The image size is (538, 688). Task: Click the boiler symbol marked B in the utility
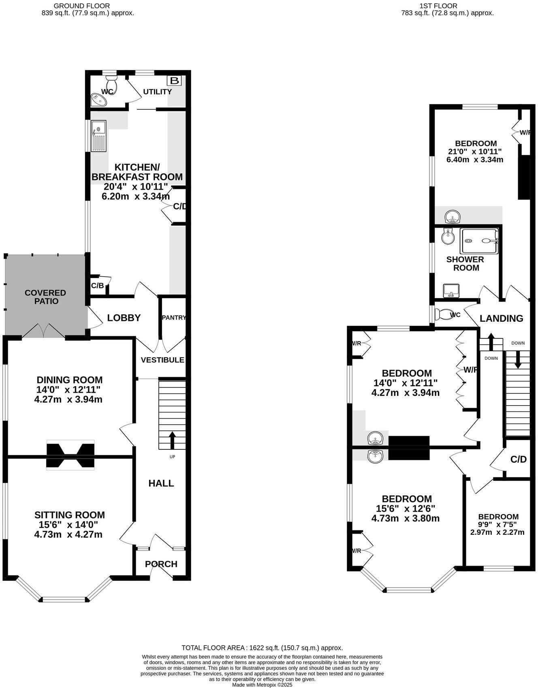pos(175,80)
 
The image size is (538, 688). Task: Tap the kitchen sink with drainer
pos(98,136)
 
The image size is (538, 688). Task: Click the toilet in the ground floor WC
pos(113,83)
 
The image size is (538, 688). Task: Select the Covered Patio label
pos(45,297)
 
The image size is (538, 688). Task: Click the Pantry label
pos(173,318)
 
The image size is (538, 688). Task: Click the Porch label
pos(161,564)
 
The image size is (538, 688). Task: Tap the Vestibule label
pos(162,360)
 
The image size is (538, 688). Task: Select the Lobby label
pos(124,318)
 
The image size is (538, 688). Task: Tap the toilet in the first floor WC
pos(443,314)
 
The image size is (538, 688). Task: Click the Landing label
pos(501,318)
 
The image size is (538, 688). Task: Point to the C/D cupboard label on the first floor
pos(518,459)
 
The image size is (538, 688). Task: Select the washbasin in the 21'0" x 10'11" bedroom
pos(452,217)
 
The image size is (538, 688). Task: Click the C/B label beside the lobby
pos(97,286)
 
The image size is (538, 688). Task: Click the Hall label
pos(161,483)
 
